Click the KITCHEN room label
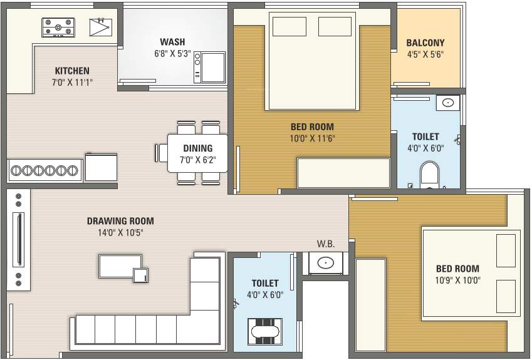tap(72, 71)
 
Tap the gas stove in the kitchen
tap(58, 28)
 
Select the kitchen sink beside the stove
tap(100, 27)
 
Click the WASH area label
tap(172, 42)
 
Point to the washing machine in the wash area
tap(209, 67)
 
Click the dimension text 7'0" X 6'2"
tap(198, 160)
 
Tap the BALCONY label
tap(425, 43)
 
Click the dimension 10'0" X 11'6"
tap(312, 138)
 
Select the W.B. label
tap(326, 244)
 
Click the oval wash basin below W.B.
tap(325, 262)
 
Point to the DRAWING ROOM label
tap(120, 221)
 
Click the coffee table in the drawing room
tap(120, 267)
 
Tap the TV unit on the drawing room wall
tap(19, 239)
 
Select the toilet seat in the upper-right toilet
tap(429, 175)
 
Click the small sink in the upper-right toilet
tap(448, 103)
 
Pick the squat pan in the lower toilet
tap(265, 332)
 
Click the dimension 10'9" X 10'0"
tap(457, 280)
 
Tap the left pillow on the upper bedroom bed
tap(289, 26)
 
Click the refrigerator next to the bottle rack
tap(101, 167)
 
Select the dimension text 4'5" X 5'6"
tap(425, 54)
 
